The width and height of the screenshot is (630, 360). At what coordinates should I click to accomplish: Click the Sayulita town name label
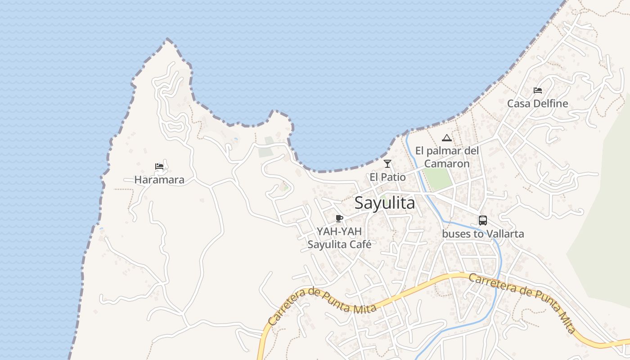[385, 203]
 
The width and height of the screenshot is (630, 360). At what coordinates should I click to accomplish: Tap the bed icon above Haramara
[159, 166]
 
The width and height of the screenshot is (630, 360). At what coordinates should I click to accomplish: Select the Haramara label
[159, 180]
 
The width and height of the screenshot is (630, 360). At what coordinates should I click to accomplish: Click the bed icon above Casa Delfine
[537, 90]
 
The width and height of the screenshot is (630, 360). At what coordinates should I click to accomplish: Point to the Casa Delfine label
[537, 103]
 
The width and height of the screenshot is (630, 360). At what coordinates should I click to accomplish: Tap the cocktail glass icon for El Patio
[387, 164]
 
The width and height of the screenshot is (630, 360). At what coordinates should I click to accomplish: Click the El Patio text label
[387, 177]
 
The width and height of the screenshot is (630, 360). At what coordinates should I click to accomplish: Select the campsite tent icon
[446, 138]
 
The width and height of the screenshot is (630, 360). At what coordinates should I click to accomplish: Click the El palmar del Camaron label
[447, 157]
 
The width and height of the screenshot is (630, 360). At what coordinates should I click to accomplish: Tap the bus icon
[483, 220]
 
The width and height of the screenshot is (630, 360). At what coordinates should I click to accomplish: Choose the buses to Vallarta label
[483, 234]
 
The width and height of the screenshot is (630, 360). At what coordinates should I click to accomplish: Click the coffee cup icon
[339, 219]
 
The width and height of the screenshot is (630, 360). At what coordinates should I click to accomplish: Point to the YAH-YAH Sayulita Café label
[339, 238]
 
